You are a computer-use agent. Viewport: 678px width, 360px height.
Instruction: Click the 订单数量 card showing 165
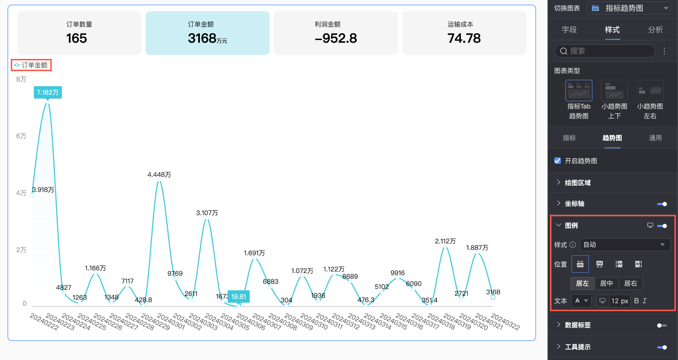pos(79,33)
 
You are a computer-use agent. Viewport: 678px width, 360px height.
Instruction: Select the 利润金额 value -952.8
pos(336,38)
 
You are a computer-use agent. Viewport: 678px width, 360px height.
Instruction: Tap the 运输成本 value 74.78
pos(464,38)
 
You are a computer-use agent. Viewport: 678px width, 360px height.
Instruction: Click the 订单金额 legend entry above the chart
pos(31,65)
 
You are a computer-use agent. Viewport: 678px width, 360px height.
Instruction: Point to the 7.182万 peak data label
pos(48,92)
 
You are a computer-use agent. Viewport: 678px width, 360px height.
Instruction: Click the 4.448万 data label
pos(159,175)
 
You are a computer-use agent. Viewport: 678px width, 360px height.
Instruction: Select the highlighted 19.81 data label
pos(238,296)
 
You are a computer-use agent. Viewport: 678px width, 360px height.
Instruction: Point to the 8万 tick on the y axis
pos(21,79)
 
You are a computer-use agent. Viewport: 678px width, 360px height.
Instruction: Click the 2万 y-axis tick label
pos(21,250)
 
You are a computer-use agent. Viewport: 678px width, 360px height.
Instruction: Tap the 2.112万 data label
pos(445,241)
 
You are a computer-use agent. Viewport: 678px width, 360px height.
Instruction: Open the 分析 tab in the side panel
pos(655,30)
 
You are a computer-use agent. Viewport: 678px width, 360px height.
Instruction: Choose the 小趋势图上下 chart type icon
pos(614,91)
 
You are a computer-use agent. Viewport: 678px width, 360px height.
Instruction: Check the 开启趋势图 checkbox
pos(558,161)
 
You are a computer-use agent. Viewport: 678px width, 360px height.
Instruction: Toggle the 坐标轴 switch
pos(662,204)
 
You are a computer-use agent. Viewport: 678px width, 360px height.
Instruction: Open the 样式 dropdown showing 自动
pos(625,245)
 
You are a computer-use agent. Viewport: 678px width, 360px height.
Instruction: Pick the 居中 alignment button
pos(606,283)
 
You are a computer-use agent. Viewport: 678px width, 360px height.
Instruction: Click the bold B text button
pos(636,301)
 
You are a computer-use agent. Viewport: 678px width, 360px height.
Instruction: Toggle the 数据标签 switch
pos(662,326)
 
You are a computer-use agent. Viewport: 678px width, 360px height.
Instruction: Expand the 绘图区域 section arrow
pos(558,182)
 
